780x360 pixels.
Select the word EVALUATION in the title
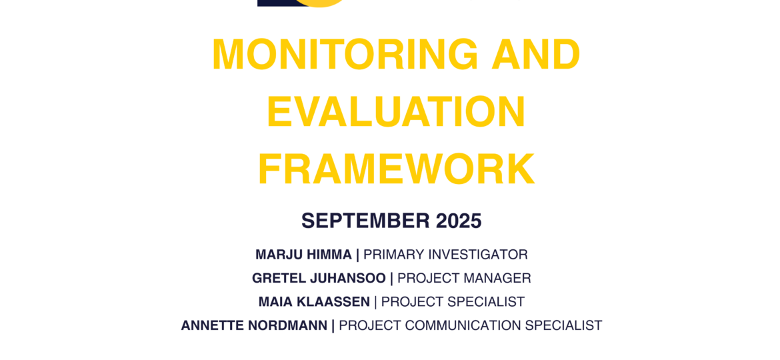pos(396,112)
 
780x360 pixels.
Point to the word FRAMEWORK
pos(396,169)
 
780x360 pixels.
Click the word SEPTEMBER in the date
pos(366,221)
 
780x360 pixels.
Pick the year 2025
pos(459,221)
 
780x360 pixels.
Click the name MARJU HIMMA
pos(303,255)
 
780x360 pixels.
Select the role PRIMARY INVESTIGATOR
pos(446,255)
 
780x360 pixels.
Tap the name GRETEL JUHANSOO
pos(319,279)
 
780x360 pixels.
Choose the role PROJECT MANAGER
pos(464,279)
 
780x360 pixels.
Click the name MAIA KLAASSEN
pos(315,302)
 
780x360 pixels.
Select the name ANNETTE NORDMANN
pos(254,326)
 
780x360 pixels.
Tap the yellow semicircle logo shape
pos(324,3)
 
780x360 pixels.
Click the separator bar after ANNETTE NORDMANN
pos(333,326)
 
